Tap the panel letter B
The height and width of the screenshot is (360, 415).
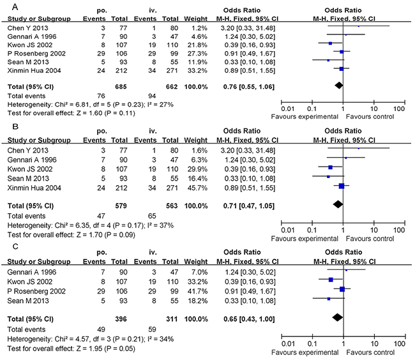[6, 128]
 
